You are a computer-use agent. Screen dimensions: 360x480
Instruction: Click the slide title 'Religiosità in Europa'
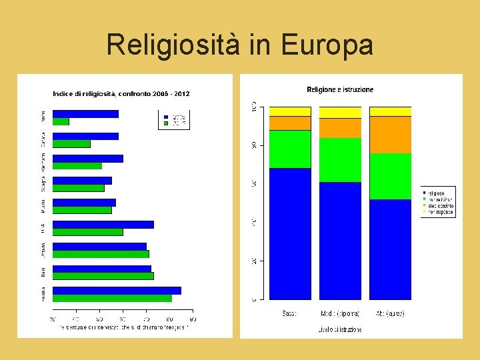coord(239,45)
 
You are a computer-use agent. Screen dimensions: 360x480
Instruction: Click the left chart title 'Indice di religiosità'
coord(121,94)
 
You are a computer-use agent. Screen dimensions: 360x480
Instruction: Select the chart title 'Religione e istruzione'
coord(340,89)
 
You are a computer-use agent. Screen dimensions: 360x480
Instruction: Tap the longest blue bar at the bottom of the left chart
coord(117,291)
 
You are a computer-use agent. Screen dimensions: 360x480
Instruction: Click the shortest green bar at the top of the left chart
coord(61,122)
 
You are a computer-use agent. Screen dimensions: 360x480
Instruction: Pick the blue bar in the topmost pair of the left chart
coord(85,114)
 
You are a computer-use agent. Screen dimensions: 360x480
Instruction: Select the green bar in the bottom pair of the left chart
coord(112,299)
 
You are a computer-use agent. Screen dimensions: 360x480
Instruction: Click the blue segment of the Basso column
coord(290,233)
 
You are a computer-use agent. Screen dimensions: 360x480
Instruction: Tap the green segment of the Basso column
coord(290,149)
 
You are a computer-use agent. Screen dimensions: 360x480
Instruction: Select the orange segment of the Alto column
coord(390,135)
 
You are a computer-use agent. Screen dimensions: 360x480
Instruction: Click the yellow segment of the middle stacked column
coord(340,112)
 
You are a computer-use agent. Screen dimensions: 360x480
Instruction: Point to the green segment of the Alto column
coord(390,176)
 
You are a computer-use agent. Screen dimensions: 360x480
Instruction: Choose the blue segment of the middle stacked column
coord(340,241)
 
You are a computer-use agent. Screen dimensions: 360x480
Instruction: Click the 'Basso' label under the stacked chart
coord(290,313)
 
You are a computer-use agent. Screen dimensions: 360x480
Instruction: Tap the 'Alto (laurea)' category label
coord(390,313)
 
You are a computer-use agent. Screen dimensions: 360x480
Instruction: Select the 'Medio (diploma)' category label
coord(340,313)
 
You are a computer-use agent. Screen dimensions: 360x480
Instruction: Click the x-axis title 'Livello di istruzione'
coord(340,329)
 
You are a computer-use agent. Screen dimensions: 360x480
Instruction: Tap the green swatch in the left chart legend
coord(165,123)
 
